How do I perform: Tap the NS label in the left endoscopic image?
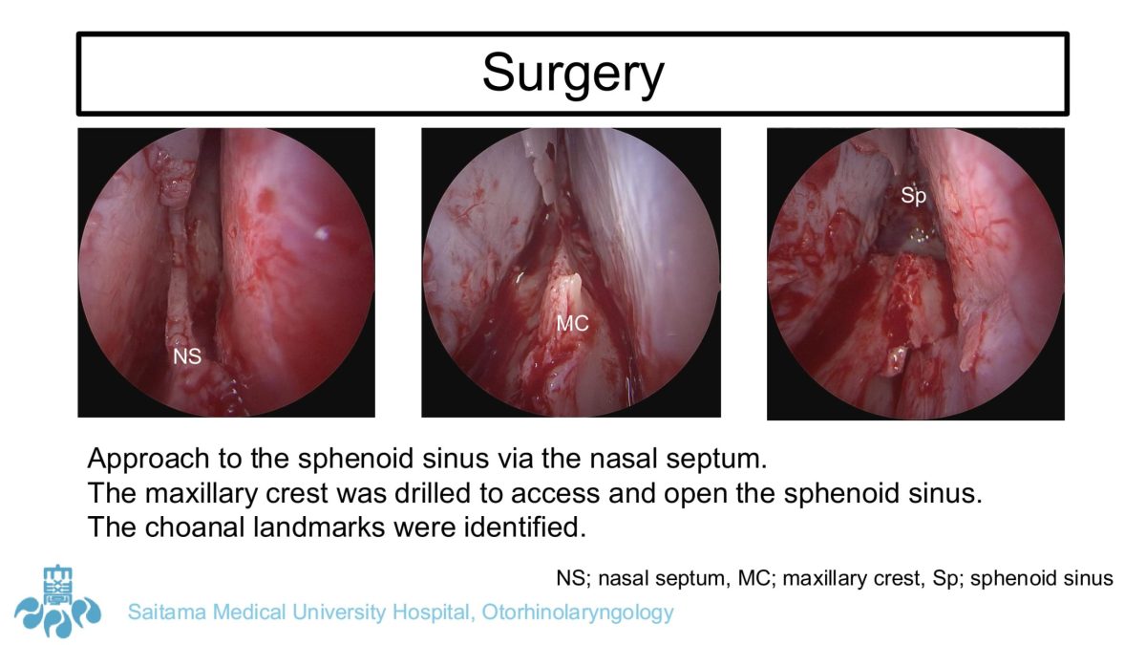click(187, 356)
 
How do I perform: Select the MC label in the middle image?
click(572, 324)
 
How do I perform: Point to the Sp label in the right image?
click(913, 196)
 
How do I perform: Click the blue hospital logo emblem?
click(57, 602)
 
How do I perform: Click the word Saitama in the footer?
click(167, 613)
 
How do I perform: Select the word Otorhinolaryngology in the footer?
click(578, 613)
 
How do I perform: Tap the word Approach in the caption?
click(149, 459)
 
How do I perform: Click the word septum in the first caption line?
click(716, 460)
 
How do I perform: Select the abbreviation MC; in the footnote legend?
click(754, 578)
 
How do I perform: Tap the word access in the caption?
click(555, 494)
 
